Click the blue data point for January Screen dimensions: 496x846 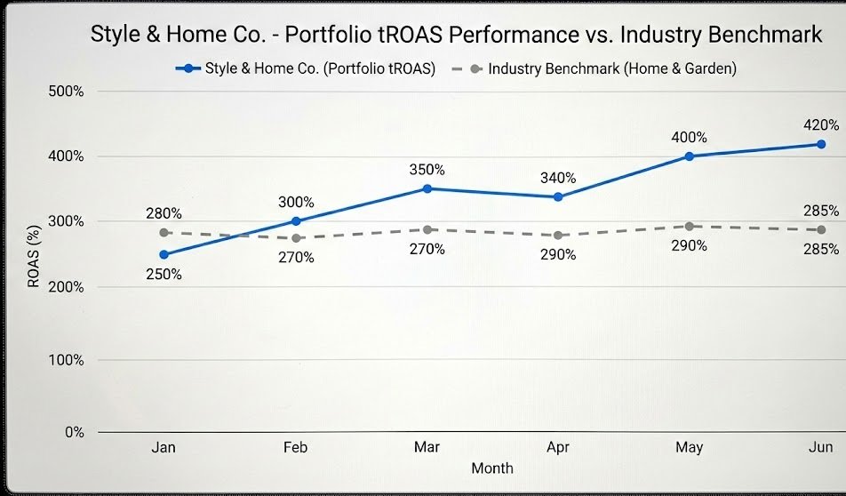(164, 254)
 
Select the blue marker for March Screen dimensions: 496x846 (427, 188)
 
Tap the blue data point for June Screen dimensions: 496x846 (820, 144)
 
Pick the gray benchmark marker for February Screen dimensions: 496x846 (295, 238)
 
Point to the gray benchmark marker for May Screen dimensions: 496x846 (689, 227)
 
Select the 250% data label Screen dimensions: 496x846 (164, 275)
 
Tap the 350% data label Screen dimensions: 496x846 (427, 169)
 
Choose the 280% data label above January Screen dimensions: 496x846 (164, 213)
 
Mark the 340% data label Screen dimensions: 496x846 (557, 178)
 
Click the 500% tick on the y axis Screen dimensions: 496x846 (66, 92)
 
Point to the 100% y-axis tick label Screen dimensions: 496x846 (66, 360)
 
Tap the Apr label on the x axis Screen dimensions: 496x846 (557, 447)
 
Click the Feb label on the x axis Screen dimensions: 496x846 (295, 447)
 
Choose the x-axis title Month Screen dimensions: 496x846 (491, 468)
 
